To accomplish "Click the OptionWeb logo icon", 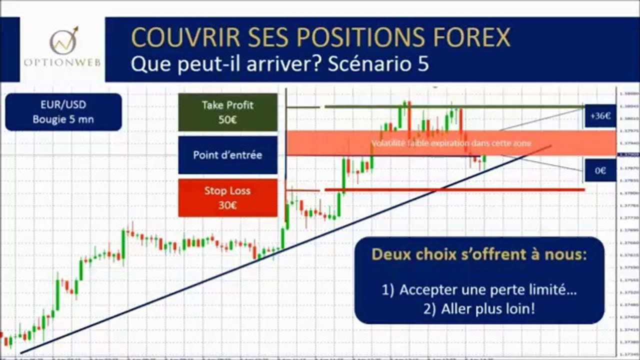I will click(x=63, y=40).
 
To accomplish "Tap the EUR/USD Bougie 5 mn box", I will click(x=63, y=112).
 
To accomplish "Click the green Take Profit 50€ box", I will click(x=227, y=112).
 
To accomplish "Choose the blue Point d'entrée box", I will click(x=227, y=155).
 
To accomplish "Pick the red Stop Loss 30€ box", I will click(x=227, y=198).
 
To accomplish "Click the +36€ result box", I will click(x=600, y=116).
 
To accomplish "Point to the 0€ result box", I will click(x=600, y=170).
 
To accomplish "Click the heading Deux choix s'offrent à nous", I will click(x=479, y=254).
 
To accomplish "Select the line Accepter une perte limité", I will click(x=479, y=290).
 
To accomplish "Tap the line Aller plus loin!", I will click(x=479, y=309).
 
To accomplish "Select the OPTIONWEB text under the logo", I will click(x=62, y=63).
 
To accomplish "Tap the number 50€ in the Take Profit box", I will click(x=227, y=120).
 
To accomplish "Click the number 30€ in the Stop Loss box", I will click(x=227, y=205).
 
